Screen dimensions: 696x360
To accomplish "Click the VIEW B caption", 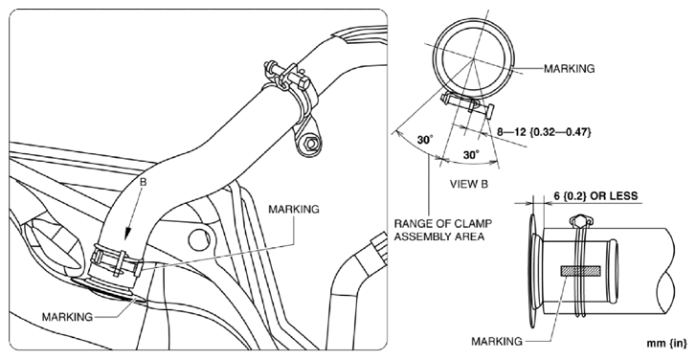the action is point(469,184).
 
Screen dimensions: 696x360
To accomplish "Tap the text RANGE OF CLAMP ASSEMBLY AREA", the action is point(443,230).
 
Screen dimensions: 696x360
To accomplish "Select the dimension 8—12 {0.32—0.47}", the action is point(544,132).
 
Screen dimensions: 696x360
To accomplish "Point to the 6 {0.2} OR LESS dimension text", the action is point(595,195).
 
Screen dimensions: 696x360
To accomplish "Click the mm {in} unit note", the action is point(666,343).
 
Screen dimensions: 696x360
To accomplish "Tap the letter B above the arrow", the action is point(143,182).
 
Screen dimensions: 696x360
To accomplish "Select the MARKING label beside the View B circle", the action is point(569,68).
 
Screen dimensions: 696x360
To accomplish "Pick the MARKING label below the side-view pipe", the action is point(497,341).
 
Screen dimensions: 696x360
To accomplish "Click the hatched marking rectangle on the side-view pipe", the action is point(580,271).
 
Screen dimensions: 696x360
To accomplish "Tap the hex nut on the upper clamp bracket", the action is point(310,144).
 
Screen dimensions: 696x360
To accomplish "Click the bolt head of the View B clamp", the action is point(489,111).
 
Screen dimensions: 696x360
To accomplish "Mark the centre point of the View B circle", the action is point(474,59).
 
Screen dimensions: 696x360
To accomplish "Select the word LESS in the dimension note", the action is point(622,195).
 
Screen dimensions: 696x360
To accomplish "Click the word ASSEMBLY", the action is point(418,236).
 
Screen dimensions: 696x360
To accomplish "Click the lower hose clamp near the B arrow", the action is point(117,259).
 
